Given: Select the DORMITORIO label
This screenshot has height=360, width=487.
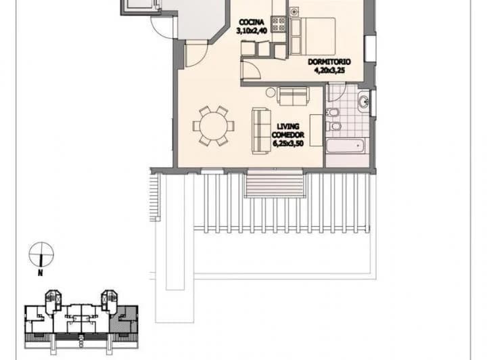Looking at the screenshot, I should point(329,62).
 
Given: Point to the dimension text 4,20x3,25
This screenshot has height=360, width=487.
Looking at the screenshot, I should point(329,70).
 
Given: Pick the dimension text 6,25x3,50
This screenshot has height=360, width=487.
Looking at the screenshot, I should point(288,143).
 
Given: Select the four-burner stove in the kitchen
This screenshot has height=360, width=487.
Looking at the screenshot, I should point(279,24).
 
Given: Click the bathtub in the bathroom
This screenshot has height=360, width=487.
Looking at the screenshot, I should point(346,145).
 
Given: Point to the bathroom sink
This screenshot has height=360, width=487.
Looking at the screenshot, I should point(363,103).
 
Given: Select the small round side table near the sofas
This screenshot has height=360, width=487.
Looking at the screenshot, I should point(271,92).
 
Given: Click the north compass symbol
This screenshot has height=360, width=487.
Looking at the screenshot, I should point(41,254).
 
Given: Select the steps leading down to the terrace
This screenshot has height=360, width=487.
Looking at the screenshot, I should point(274,184).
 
